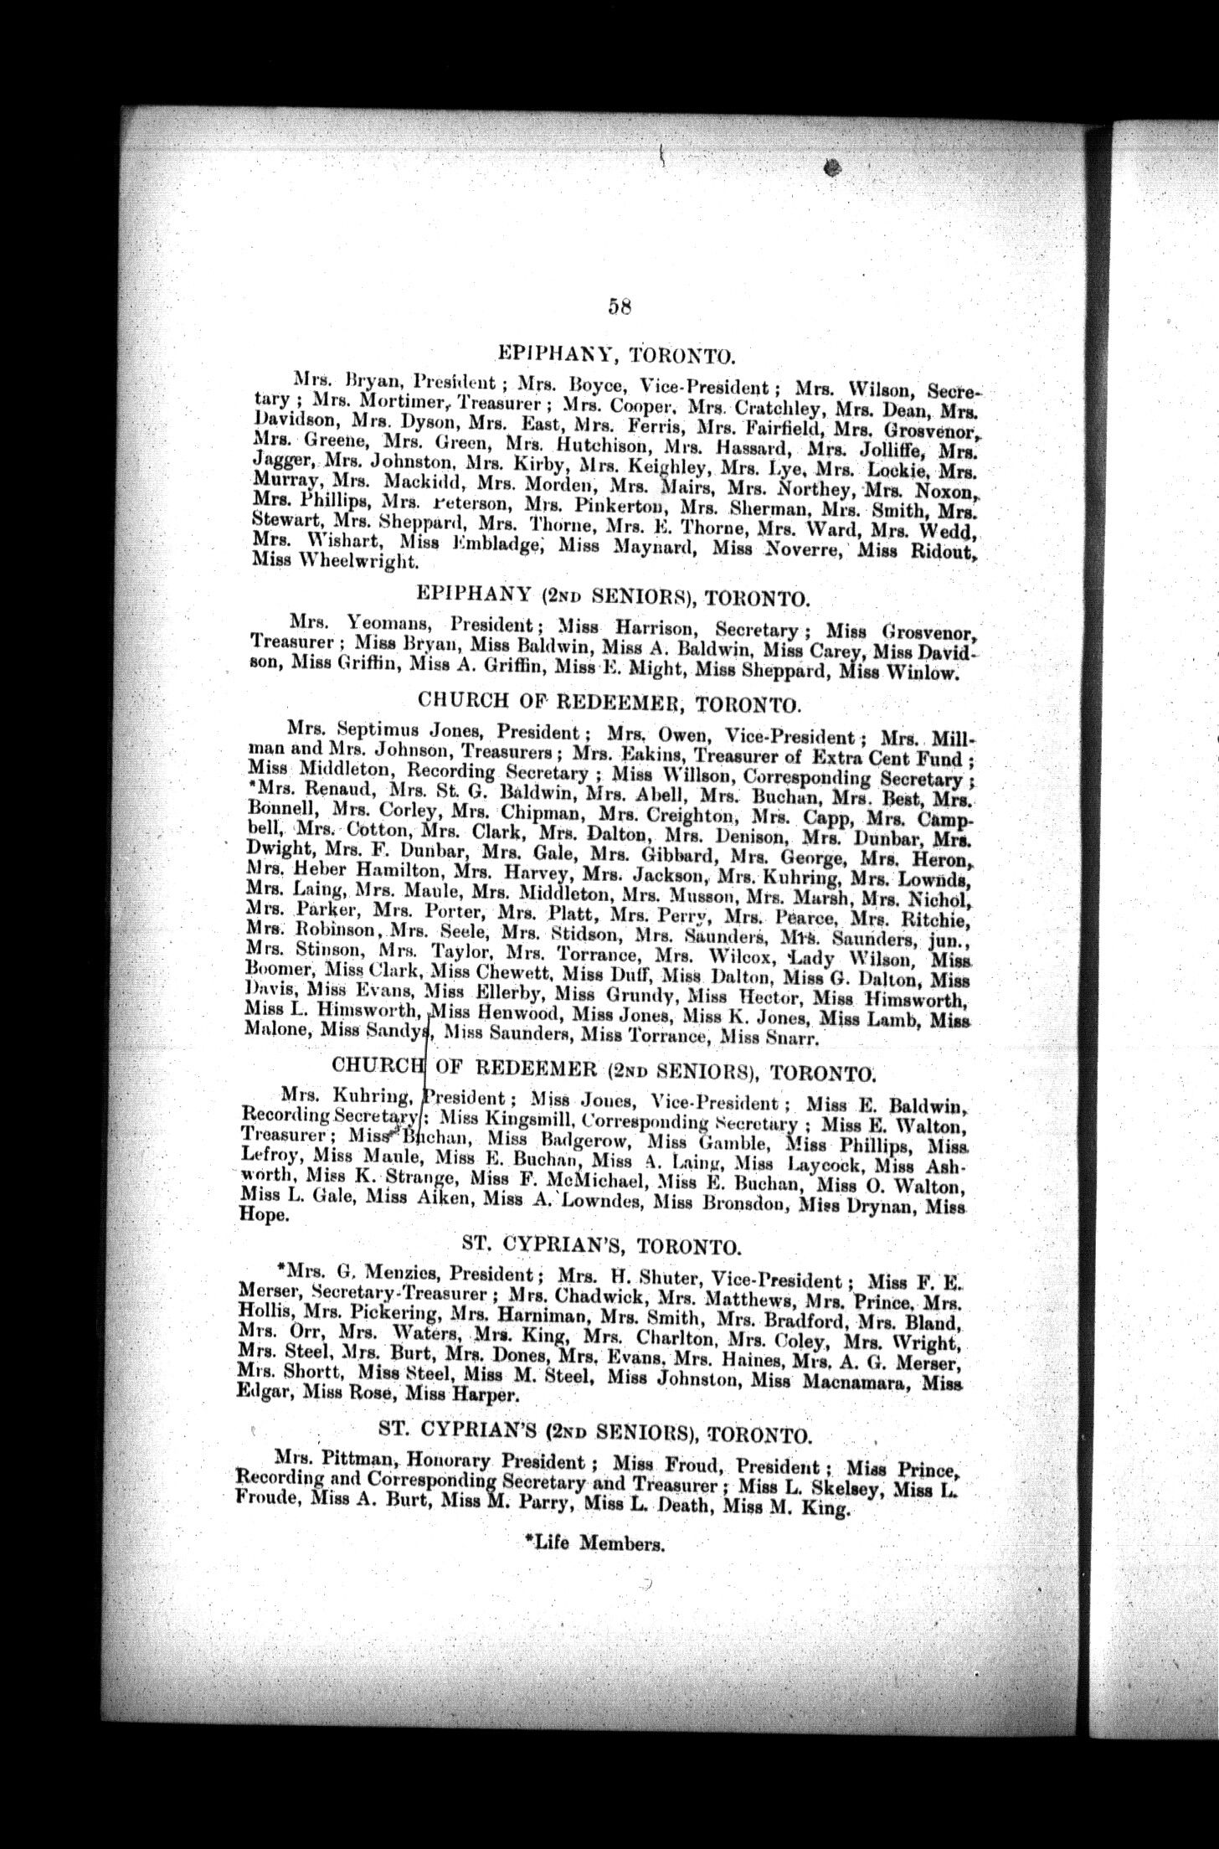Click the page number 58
620,307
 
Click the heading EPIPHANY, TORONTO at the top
616,354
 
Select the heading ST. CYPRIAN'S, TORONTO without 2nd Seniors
601,1248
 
